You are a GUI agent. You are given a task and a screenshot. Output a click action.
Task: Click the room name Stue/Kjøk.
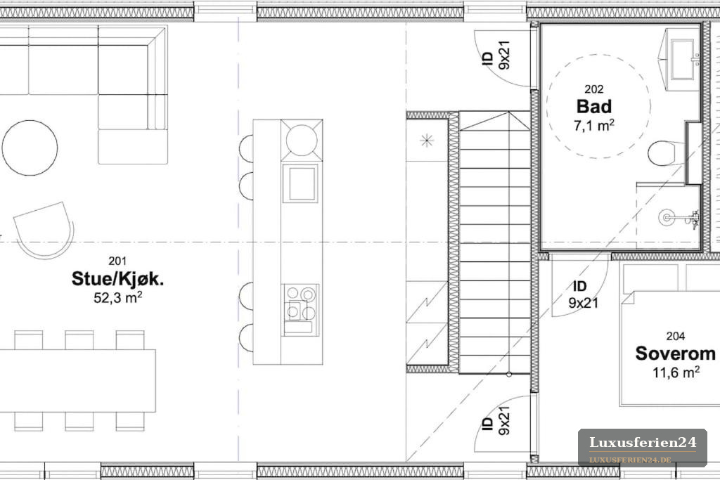(117, 278)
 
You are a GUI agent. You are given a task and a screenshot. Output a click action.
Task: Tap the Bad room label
(594, 106)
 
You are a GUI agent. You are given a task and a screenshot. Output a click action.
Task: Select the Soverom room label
(676, 353)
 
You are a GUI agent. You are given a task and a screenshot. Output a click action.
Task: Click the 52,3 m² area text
(117, 297)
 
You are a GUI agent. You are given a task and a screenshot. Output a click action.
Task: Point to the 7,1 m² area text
(594, 125)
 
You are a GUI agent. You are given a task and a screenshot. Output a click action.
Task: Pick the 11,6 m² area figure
(676, 372)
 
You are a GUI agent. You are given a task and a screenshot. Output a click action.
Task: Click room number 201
(117, 261)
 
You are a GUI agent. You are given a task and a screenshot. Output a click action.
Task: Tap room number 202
(594, 89)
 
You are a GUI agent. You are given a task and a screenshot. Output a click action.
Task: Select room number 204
(676, 337)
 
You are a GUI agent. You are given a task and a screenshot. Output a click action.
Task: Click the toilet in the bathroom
(667, 153)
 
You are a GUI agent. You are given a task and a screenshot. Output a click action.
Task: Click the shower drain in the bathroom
(666, 217)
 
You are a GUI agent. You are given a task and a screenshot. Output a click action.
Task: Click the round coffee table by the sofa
(30, 148)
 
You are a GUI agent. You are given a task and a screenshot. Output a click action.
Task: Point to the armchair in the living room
(44, 229)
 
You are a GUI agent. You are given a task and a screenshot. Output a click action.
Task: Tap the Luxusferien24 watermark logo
(643, 448)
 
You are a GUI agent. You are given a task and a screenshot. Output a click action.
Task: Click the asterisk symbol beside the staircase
(427, 140)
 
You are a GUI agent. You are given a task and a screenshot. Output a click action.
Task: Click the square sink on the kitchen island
(301, 183)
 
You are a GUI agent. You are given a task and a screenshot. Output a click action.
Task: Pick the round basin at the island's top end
(302, 140)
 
